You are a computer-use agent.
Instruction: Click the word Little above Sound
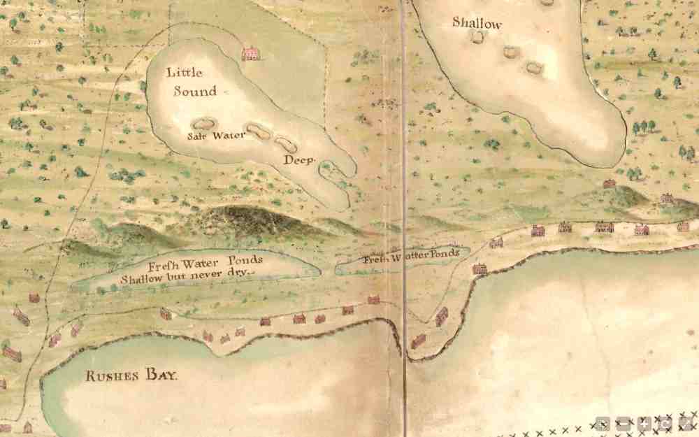click(185, 72)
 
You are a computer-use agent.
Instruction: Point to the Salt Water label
click(217, 135)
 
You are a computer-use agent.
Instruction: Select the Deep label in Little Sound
click(299, 159)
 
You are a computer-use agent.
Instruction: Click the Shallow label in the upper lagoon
click(477, 22)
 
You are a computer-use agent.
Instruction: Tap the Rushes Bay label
click(132, 376)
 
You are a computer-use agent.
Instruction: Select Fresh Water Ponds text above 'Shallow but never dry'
click(205, 262)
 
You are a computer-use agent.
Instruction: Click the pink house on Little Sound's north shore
click(250, 53)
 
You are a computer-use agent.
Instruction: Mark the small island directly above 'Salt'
click(206, 123)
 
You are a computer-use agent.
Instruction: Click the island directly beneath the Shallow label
click(478, 37)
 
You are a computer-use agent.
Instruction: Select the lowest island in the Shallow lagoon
click(535, 68)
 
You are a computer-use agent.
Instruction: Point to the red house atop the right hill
click(610, 183)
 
